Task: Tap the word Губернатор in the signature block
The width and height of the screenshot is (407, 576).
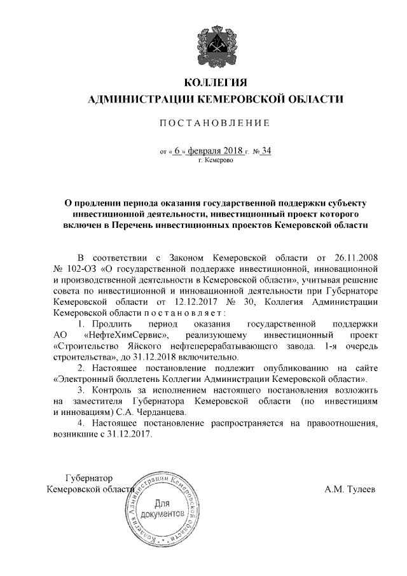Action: (88, 478)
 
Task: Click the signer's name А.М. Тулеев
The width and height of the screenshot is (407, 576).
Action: (350, 489)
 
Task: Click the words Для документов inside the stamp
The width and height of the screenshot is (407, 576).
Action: (168, 507)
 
